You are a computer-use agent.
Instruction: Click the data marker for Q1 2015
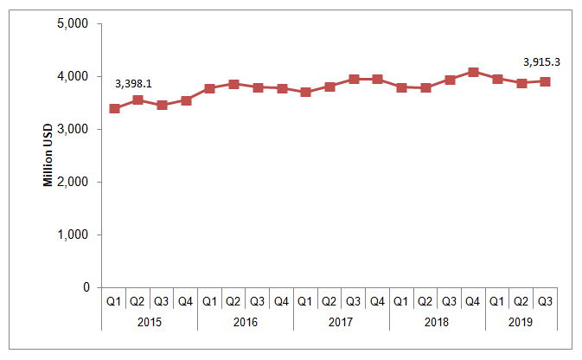114,108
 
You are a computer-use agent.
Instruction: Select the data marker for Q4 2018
473,72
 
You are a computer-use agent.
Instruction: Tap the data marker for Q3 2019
545,81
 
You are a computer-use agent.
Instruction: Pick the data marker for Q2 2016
233,84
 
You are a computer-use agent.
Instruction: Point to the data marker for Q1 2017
305,92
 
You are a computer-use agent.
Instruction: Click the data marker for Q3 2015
162,105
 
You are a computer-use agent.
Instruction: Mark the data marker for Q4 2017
378,79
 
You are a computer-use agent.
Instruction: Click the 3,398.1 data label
133,84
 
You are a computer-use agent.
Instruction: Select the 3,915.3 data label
541,62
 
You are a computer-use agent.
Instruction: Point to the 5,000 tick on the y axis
73,23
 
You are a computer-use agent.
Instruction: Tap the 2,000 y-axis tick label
73,182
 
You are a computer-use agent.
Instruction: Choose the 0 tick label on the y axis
86,287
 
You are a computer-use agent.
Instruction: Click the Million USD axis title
48,155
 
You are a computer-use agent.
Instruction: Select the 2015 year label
150,322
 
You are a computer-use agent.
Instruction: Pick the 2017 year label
341,322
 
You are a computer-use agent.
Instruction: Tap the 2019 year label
521,322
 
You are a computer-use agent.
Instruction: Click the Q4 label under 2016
281,301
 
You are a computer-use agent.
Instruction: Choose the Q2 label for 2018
425,301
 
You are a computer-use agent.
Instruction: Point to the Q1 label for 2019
496,301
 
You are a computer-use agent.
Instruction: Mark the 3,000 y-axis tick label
73,129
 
